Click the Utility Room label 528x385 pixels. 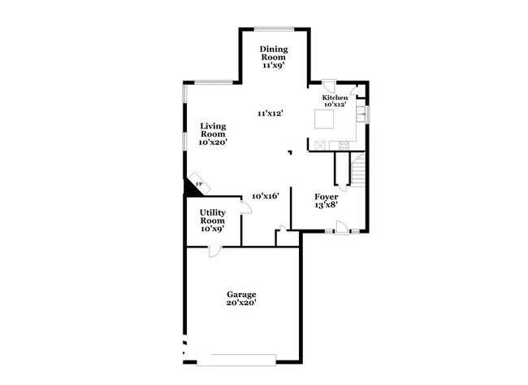click(x=213, y=221)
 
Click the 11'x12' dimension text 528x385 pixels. click(x=270, y=113)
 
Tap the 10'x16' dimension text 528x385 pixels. click(x=266, y=196)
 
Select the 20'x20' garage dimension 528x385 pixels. click(x=241, y=303)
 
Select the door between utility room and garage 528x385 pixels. click(x=214, y=250)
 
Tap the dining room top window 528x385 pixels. click(x=274, y=28)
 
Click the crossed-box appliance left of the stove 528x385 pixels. click(x=321, y=144)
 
